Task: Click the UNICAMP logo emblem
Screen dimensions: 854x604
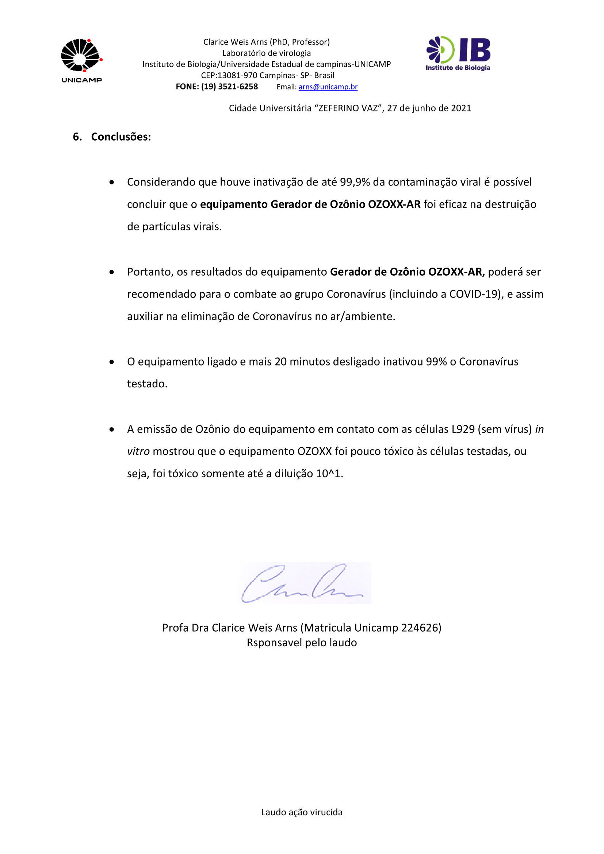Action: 81,56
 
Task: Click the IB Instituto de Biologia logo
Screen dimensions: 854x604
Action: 458,53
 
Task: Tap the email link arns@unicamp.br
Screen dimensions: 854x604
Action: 328,87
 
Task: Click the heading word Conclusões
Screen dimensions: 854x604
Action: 121,137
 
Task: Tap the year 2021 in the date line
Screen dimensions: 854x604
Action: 461,108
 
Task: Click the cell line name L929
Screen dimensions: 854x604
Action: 463,429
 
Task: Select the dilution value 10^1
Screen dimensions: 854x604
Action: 328,474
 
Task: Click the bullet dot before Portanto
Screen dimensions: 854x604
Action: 112,272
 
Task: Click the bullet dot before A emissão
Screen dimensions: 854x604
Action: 112,430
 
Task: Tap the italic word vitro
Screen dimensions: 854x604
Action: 138,452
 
